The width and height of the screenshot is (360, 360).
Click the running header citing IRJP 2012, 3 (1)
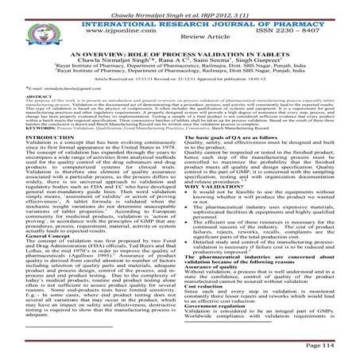(179, 8)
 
